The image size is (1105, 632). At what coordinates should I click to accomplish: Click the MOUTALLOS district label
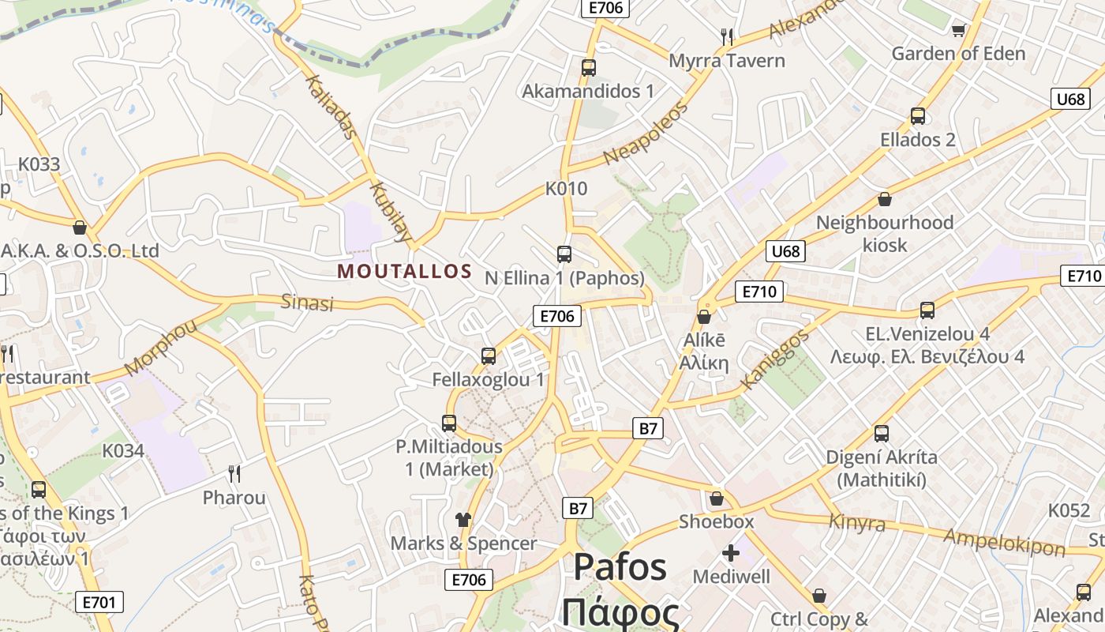pos(404,271)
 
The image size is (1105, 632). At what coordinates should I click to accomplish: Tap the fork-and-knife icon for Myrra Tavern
pos(727,36)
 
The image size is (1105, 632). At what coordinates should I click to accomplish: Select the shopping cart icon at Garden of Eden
pos(959,30)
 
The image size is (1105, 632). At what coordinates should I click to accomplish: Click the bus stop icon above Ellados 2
pos(917,116)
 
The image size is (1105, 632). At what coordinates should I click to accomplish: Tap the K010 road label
pos(567,189)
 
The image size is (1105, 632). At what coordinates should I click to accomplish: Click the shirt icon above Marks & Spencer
pos(463,519)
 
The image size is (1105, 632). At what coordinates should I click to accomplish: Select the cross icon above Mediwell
pos(731,552)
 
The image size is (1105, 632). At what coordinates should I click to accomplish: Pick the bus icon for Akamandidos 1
pos(588,67)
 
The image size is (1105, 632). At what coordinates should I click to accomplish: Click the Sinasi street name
pos(308,303)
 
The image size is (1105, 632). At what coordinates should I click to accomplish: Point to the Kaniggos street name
pos(775,360)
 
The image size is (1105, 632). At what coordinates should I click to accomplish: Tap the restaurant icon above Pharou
pos(234,473)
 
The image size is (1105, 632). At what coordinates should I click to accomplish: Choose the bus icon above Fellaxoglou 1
pos(489,355)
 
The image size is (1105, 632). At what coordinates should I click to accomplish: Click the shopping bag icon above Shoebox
pos(716,498)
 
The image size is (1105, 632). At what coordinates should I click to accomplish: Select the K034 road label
pos(123,451)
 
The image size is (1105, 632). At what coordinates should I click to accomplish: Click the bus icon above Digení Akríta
pos(881,433)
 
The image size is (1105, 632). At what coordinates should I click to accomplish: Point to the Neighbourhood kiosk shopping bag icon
pos(884,199)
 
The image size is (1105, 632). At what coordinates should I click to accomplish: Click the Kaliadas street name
pos(330,107)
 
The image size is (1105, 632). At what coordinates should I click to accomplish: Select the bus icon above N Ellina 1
pos(564,254)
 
